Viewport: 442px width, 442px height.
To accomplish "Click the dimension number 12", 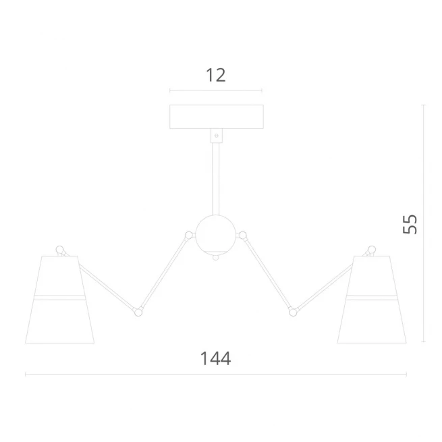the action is click(x=216, y=76).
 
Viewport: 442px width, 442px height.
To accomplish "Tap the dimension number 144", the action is click(x=216, y=358).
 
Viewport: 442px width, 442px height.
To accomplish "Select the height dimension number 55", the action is click(x=410, y=225).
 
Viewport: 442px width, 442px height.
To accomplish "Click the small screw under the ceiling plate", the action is click(x=217, y=136).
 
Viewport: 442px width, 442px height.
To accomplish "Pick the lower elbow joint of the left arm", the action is click(x=138, y=312).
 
